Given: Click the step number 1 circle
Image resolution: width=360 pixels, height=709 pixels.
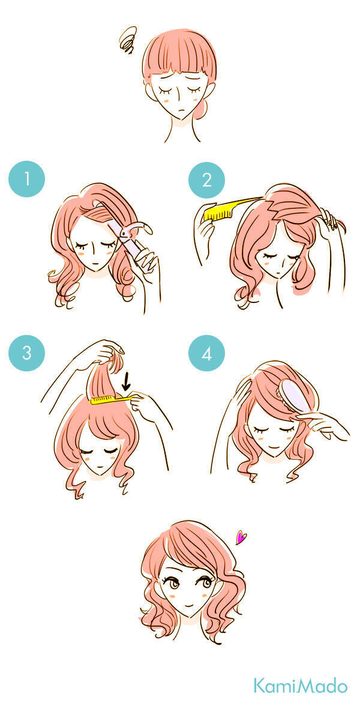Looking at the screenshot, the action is point(26,179).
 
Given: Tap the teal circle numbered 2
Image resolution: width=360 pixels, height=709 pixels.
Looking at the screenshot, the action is point(206,180).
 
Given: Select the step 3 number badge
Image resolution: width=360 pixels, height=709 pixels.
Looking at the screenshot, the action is point(26,353).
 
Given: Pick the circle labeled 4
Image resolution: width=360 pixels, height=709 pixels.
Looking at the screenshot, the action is point(206,353).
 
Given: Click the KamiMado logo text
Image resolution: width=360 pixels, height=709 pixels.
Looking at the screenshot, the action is point(301,685).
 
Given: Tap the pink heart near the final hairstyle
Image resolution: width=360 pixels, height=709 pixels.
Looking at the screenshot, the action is point(242,537).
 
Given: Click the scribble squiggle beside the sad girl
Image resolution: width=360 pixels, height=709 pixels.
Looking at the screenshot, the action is point(128,40).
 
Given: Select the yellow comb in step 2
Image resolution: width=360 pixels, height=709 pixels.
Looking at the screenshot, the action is point(230,209).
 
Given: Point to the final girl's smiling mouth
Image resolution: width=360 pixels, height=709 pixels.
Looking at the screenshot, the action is point(190,602).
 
